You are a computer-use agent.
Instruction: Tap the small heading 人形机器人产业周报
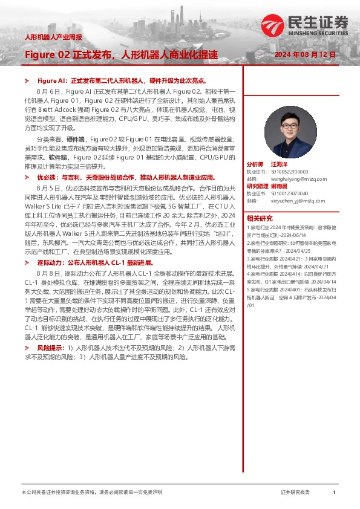pyautogui.click(x=53, y=37)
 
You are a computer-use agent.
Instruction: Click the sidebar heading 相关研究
pyautogui.click(x=260, y=218)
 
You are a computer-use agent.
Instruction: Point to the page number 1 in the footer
pyautogui.click(x=334, y=493)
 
